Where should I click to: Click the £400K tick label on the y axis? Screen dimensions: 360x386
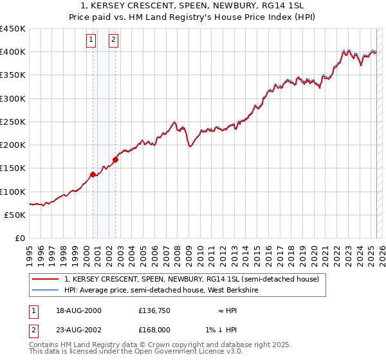click(x=13, y=52)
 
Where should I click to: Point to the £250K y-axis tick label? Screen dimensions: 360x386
click(x=13, y=122)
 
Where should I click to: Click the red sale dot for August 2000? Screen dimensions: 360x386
click(x=93, y=174)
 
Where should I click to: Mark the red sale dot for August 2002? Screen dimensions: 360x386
click(x=115, y=159)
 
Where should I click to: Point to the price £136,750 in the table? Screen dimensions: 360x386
click(x=154, y=310)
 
